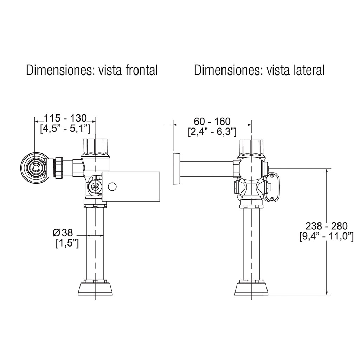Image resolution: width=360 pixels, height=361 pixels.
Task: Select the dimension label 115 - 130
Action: coord(65,118)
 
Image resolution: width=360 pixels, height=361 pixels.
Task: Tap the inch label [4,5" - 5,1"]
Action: coord(65,128)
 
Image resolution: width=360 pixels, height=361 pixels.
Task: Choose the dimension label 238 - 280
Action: coord(326,225)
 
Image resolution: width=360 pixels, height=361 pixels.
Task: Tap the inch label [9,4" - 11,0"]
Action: coord(326,236)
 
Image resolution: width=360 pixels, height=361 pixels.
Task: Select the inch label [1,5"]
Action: coord(67,243)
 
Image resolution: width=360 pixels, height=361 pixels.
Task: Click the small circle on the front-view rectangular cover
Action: coord(112,186)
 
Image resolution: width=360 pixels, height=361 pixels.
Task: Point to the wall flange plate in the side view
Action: coord(176,168)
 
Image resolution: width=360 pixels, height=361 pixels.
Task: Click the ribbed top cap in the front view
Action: coord(96,147)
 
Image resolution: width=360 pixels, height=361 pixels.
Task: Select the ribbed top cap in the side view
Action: coord(252,147)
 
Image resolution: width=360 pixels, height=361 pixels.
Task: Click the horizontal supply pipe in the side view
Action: coord(207,168)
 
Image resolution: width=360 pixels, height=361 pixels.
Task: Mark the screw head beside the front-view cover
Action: coord(95,187)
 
